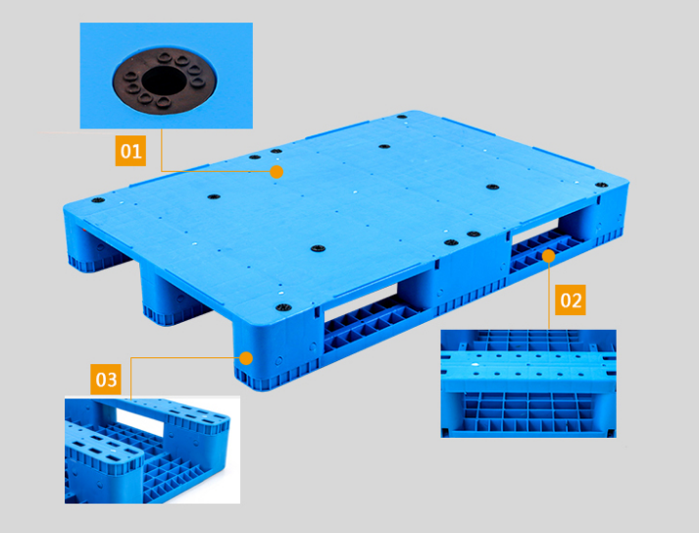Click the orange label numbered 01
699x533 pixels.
(x=130, y=151)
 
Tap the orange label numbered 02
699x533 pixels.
(x=571, y=300)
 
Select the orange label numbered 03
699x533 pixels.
(x=106, y=380)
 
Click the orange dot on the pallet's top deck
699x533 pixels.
(x=276, y=172)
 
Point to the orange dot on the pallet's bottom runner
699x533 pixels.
(x=549, y=256)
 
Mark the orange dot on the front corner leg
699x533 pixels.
(x=246, y=358)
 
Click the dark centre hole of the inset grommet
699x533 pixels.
(x=164, y=80)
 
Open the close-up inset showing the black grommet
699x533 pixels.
(x=167, y=76)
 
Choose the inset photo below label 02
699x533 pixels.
(x=528, y=384)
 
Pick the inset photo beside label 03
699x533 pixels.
(x=153, y=450)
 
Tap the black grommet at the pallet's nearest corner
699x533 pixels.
(x=283, y=307)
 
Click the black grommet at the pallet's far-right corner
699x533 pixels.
(x=601, y=185)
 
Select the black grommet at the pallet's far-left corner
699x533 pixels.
(x=98, y=200)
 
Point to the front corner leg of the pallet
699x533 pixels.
(x=275, y=352)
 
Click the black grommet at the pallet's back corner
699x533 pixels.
(x=402, y=117)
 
